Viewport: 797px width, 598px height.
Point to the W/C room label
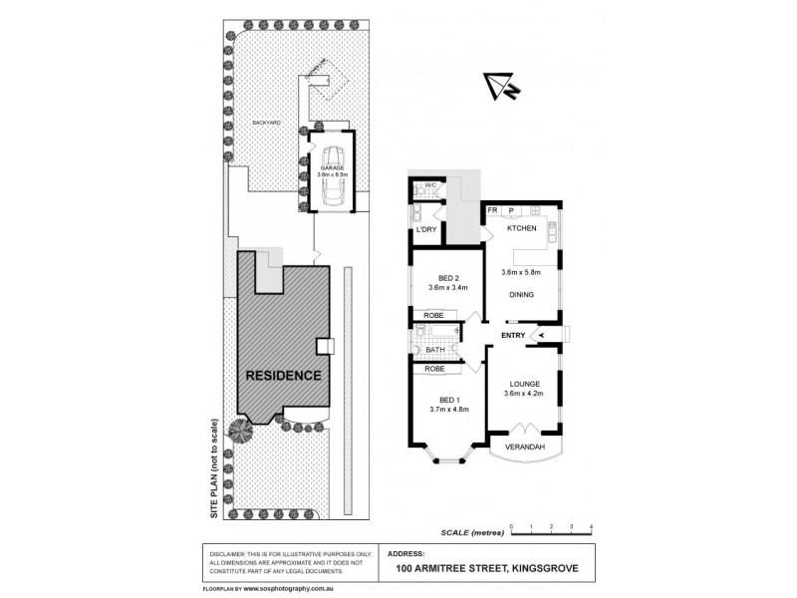(431, 185)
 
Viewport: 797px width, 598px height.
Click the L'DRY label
(426, 230)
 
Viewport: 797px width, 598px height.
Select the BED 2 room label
(448, 278)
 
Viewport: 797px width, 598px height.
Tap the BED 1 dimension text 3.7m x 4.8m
(448, 409)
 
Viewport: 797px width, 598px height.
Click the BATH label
(435, 350)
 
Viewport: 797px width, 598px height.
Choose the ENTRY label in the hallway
(513, 335)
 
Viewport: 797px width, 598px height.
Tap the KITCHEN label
(523, 229)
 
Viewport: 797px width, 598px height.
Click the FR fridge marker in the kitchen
(493, 210)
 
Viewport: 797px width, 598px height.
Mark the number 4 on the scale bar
(592, 524)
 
